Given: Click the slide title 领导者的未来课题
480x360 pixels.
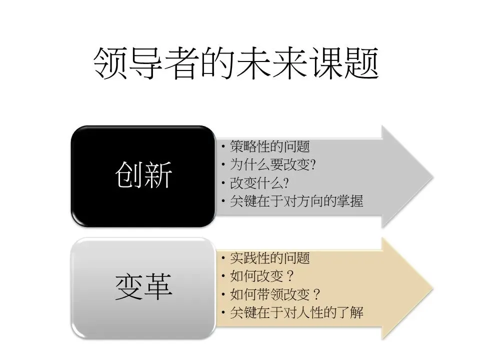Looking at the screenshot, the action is point(235,64).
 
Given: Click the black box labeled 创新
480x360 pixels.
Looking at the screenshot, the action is point(144,175).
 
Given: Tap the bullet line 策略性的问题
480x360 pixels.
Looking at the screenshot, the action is point(269,147).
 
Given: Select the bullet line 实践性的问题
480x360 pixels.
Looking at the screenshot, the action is point(269,258).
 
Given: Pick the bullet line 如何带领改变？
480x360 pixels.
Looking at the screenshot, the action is point(274,294).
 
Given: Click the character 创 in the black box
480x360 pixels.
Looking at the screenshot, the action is point(129,175).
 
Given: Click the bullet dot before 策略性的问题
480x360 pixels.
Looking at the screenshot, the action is point(224,147).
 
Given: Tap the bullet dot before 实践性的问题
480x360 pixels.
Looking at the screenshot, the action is point(224,259).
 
